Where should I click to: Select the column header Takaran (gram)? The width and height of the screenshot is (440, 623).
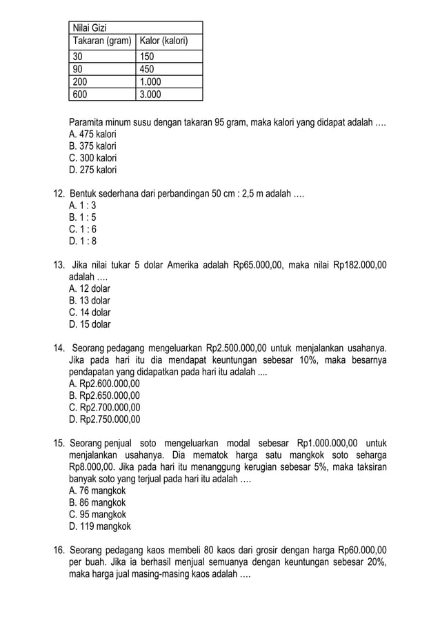pyautogui.click(x=102, y=41)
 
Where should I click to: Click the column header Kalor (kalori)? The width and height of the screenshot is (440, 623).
pyautogui.click(x=164, y=41)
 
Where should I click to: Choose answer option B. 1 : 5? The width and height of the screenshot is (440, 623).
pyautogui.click(x=83, y=217)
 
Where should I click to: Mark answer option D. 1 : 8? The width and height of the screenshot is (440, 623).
pyautogui.click(x=83, y=241)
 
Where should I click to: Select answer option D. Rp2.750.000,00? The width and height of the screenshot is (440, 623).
pyautogui.click(x=105, y=419)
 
